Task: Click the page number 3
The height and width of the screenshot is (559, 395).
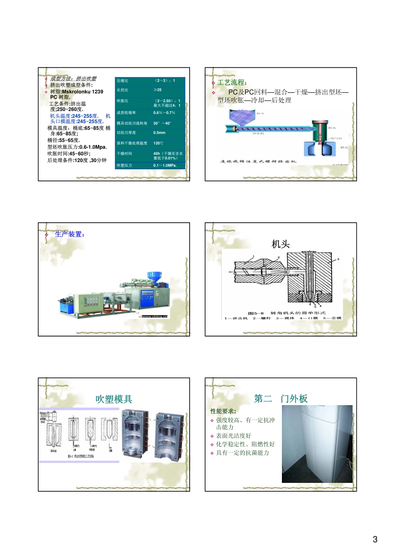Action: point(375,539)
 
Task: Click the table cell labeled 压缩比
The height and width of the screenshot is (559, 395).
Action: point(123,81)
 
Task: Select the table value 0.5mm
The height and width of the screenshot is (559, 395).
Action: point(159,133)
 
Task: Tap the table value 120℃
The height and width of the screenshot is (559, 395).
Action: point(158,143)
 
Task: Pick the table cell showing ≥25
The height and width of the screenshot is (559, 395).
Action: point(158,90)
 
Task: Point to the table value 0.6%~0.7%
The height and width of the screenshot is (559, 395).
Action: point(164,113)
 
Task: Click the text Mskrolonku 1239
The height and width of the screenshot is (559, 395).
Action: point(82,92)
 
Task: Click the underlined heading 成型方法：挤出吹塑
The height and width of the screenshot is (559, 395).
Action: point(73,79)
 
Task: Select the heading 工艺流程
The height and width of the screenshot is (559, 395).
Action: point(232,82)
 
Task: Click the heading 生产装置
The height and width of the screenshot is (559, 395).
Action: point(69,234)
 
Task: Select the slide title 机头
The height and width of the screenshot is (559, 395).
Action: point(280,244)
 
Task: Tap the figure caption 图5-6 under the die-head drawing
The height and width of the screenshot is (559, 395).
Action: point(256,313)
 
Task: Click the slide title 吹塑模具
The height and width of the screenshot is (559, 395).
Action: point(114,399)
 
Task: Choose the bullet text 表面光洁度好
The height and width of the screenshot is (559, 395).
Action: point(233,435)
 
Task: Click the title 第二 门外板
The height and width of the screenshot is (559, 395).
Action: point(281,398)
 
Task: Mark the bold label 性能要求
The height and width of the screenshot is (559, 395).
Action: point(223,411)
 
